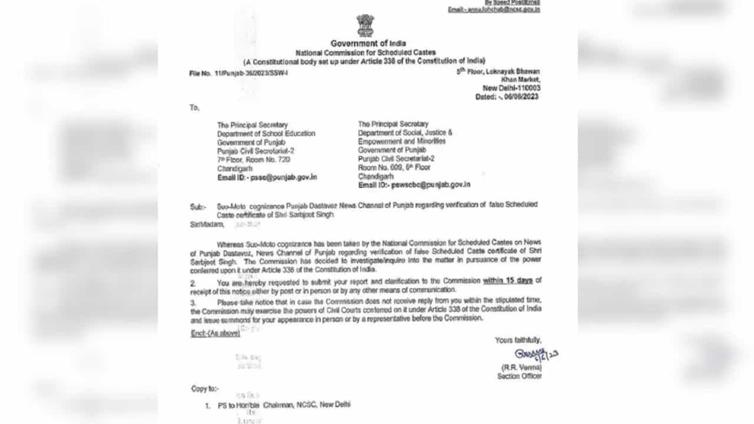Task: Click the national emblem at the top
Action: tap(365, 26)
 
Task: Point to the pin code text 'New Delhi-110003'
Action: tap(511, 88)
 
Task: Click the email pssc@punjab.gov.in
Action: tap(283, 177)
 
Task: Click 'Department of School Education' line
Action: tap(266, 134)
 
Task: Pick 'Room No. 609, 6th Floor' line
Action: tap(394, 167)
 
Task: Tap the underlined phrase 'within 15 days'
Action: tap(508, 280)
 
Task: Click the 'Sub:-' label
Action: tap(198, 207)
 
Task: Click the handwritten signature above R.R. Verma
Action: tap(534, 355)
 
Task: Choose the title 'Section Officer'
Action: tap(519, 376)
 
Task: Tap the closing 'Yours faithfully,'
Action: tap(518, 340)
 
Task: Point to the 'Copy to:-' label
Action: tap(204, 389)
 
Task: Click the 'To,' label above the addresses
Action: tap(194, 108)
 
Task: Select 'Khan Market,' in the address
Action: tap(520, 79)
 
